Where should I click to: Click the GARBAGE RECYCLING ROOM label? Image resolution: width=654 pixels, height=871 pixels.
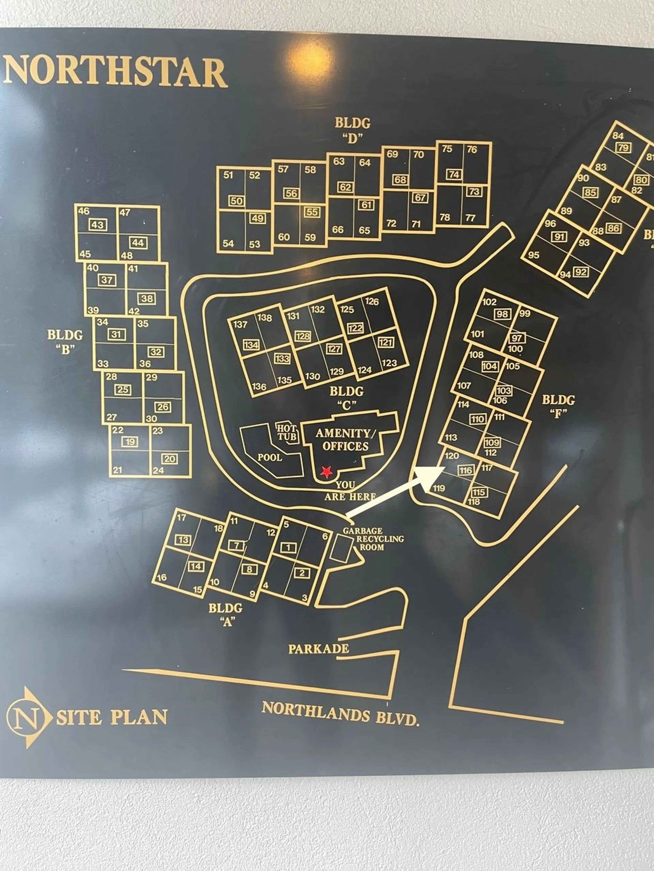click(x=372, y=539)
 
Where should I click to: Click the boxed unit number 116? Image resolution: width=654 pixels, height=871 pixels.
click(x=466, y=470)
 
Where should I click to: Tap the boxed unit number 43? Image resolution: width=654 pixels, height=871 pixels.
click(x=98, y=225)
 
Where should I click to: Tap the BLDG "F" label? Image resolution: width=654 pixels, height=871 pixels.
click(x=558, y=406)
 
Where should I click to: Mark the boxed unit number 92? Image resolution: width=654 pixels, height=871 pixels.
click(x=581, y=272)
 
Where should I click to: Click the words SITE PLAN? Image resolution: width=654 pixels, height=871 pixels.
click(x=112, y=717)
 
